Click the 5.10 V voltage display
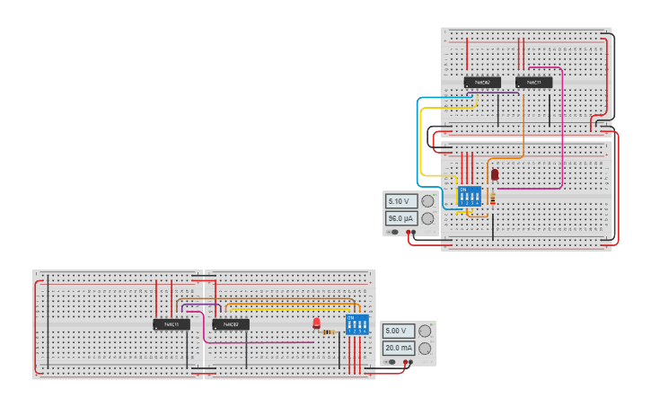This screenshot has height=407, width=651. (x=400, y=201)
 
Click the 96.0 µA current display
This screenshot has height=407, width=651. (x=400, y=218)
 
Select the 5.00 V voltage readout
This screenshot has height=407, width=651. (x=398, y=331)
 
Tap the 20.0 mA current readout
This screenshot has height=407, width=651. (x=398, y=348)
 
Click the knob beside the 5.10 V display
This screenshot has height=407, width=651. (x=427, y=201)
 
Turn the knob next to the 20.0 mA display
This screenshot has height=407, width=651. (x=425, y=348)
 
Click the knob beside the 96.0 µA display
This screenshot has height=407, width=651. (x=427, y=218)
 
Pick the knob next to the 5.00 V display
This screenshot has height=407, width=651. (x=425, y=331)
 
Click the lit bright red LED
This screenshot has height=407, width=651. (x=316, y=323)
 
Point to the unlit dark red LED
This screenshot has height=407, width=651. (x=494, y=174)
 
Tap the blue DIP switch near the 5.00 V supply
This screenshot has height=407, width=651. (x=357, y=324)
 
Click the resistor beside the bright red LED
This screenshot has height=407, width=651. (x=329, y=332)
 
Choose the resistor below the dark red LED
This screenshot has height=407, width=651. (x=493, y=199)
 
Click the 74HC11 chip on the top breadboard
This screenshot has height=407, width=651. (x=533, y=83)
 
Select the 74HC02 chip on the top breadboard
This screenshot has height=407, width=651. (x=482, y=83)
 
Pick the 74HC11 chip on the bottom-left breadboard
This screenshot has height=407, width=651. (x=172, y=323)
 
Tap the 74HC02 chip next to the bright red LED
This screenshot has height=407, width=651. (x=231, y=323)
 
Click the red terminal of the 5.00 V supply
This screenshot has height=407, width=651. (x=408, y=362)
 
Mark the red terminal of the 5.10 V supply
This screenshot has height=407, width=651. (x=409, y=233)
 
